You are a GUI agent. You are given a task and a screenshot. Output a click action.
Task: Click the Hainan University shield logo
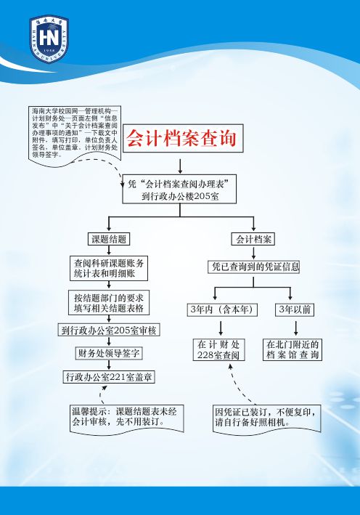tap(49, 38)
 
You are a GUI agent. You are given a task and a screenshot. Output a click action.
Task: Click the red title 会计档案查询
tap(181, 138)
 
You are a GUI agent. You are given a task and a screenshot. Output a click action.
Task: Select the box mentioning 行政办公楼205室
tap(179, 189)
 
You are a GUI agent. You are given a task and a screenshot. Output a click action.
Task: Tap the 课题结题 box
tap(109, 239)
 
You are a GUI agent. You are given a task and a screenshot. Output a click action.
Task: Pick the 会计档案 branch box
tap(253, 239)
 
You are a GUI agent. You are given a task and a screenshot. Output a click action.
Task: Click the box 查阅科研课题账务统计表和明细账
tap(109, 268)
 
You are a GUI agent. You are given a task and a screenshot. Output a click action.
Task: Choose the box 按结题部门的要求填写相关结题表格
tap(109, 302)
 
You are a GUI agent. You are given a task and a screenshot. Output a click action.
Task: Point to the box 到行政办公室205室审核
tap(109, 330)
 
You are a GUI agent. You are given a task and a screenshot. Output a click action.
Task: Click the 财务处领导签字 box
tap(109, 353)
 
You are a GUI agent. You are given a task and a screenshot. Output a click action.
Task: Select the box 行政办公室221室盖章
tap(109, 377)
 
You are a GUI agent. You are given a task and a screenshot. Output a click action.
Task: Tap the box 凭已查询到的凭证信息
tap(254, 267)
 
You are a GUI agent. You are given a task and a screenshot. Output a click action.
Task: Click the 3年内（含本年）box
tap(222, 309)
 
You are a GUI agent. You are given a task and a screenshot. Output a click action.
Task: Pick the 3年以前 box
tap(295, 309)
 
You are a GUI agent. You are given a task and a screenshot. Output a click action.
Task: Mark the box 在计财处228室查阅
tap(219, 350)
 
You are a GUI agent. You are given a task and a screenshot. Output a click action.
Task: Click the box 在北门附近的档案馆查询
tap(292, 350)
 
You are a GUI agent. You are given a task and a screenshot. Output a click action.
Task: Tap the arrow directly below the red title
tap(180, 166)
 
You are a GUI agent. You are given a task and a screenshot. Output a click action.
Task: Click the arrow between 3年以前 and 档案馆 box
tap(296, 328)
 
